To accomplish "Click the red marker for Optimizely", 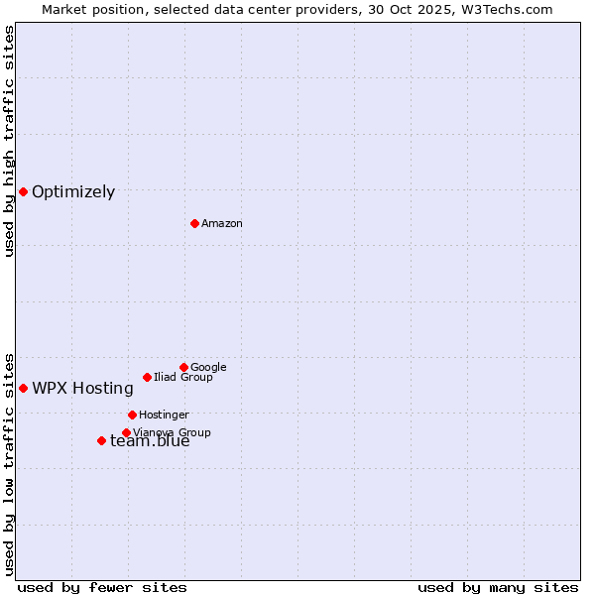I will [x=23, y=191].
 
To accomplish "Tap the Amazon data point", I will [x=194, y=223].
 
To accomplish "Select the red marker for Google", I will [x=183, y=367].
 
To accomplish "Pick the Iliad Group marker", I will [x=147, y=377].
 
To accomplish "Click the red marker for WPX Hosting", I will [x=23, y=388].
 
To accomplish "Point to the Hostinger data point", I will [x=132, y=415].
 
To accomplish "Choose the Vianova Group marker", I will [x=126, y=432].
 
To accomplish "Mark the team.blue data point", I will [x=101, y=440].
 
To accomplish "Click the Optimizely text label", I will [x=73, y=192].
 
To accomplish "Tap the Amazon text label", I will [x=222, y=224].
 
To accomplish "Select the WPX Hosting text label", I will [x=82, y=389].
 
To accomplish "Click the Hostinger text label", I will [x=164, y=415].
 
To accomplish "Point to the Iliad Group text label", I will [x=183, y=377].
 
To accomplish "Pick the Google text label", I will [x=208, y=367].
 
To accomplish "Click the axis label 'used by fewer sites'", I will [x=102, y=587].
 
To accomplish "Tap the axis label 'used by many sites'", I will [x=498, y=587].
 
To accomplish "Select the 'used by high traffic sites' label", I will [x=10, y=141].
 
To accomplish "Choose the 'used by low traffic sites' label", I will [x=10, y=463].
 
